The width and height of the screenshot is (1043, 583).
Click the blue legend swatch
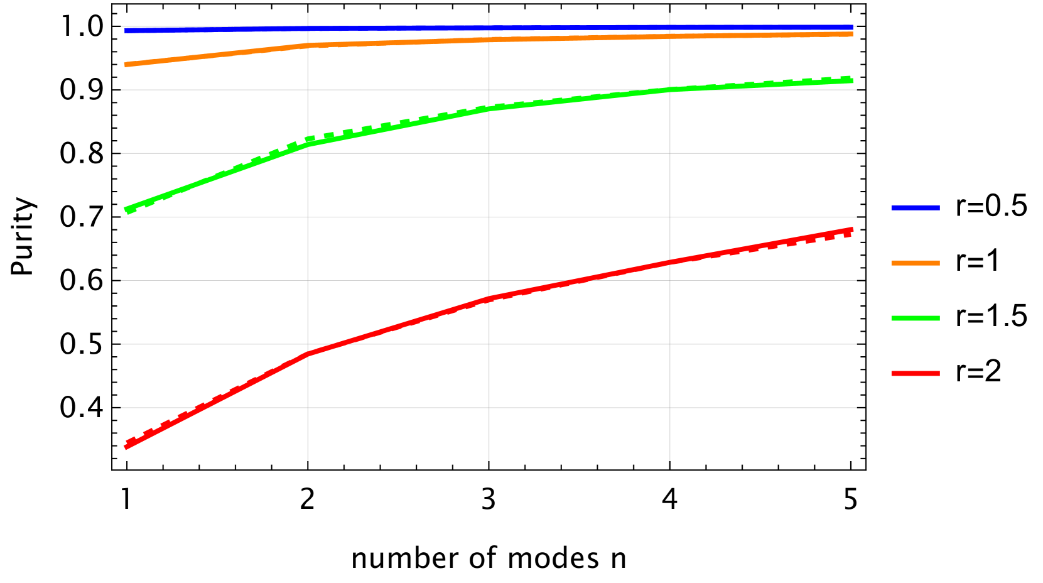916,208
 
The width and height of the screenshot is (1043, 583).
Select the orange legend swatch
916,263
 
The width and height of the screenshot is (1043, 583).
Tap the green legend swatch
916,319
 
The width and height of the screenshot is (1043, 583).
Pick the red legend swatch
916,374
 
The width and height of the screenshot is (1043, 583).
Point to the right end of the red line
852,230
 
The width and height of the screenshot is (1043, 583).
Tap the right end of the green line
852,80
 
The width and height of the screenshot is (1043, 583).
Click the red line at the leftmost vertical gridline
308,354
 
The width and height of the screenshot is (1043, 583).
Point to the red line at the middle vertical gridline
489,299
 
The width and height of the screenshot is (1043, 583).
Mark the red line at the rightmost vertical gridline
670,262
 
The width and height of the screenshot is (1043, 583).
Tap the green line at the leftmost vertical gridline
308,144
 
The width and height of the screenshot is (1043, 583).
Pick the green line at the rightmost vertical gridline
670,89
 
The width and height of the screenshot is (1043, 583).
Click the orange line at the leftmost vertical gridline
308,45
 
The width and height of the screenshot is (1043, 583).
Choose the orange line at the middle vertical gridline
489,40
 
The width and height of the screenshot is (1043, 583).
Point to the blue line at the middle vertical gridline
489,28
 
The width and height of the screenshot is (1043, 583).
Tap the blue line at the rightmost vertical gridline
670,28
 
